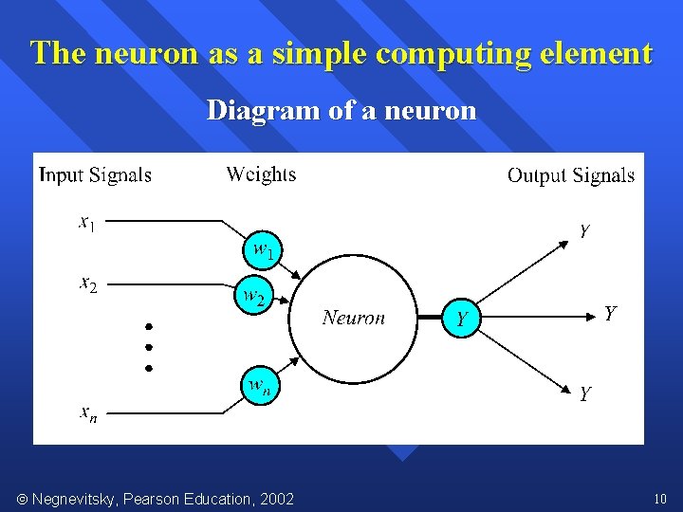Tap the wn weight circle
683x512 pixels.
[259, 386]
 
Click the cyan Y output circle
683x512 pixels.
[461, 318]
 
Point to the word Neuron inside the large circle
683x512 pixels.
[354, 318]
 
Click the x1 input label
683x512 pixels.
[86, 223]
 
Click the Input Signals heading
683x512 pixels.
[95, 174]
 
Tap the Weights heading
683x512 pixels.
[261, 174]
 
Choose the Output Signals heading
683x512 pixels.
[571, 175]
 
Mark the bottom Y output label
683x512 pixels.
[585, 393]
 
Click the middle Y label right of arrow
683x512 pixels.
[611, 313]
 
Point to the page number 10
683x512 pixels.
[660, 499]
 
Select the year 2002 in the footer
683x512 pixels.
[274, 499]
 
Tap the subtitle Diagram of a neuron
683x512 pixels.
[341, 111]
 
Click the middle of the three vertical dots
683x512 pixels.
[149, 346]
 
